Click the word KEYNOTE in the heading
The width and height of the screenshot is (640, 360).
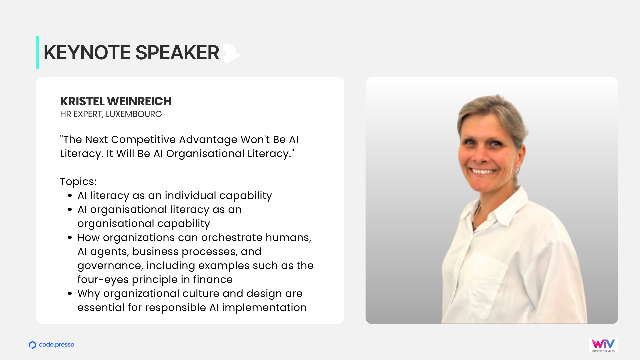(x=87, y=53)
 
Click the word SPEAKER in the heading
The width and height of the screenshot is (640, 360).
(x=177, y=53)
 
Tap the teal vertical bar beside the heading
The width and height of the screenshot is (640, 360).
(x=38, y=52)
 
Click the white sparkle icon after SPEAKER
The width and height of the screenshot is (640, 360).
(x=230, y=53)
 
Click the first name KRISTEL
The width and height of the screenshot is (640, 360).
(x=82, y=101)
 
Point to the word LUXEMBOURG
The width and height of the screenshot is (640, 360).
(x=134, y=114)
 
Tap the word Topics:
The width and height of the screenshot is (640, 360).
(x=78, y=182)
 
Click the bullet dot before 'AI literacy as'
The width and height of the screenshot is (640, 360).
(x=70, y=196)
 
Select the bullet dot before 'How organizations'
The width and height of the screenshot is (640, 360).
(x=70, y=238)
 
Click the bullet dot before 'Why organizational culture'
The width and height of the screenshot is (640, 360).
(x=70, y=294)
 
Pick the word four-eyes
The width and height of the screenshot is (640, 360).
(x=103, y=280)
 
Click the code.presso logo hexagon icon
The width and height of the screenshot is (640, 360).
(x=32, y=345)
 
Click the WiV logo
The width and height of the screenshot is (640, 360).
(x=603, y=345)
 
